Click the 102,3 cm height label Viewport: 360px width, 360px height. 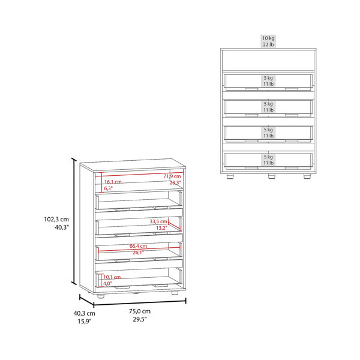click(56, 219)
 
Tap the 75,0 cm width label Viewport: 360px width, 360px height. click(140, 311)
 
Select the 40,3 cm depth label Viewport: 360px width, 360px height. click(84, 313)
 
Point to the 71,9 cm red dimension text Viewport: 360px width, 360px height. click(172, 176)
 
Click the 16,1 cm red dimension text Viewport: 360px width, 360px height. click(113, 182)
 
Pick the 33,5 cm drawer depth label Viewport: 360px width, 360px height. click(158, 221)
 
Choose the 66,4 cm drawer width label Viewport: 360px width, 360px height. click(138, 246)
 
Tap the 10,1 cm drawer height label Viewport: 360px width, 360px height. click(112, 277)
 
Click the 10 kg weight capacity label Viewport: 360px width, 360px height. click(268, 38)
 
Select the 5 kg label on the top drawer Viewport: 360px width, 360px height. click(268, 78)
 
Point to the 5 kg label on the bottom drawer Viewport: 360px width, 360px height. click(268, 157)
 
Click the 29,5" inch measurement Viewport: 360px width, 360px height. click(140, 319)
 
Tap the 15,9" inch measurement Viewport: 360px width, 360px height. click(85, 322)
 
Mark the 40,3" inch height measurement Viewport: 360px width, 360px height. click(62, 227)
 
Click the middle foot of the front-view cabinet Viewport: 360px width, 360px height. click(272, 176)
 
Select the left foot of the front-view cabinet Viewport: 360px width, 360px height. click(230, 176)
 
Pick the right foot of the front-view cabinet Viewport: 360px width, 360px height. click(307, 176)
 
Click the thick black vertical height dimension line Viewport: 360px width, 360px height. click(74, 221)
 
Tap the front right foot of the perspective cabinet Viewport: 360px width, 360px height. click(175, 293)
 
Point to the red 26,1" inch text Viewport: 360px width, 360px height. click(138, 253)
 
